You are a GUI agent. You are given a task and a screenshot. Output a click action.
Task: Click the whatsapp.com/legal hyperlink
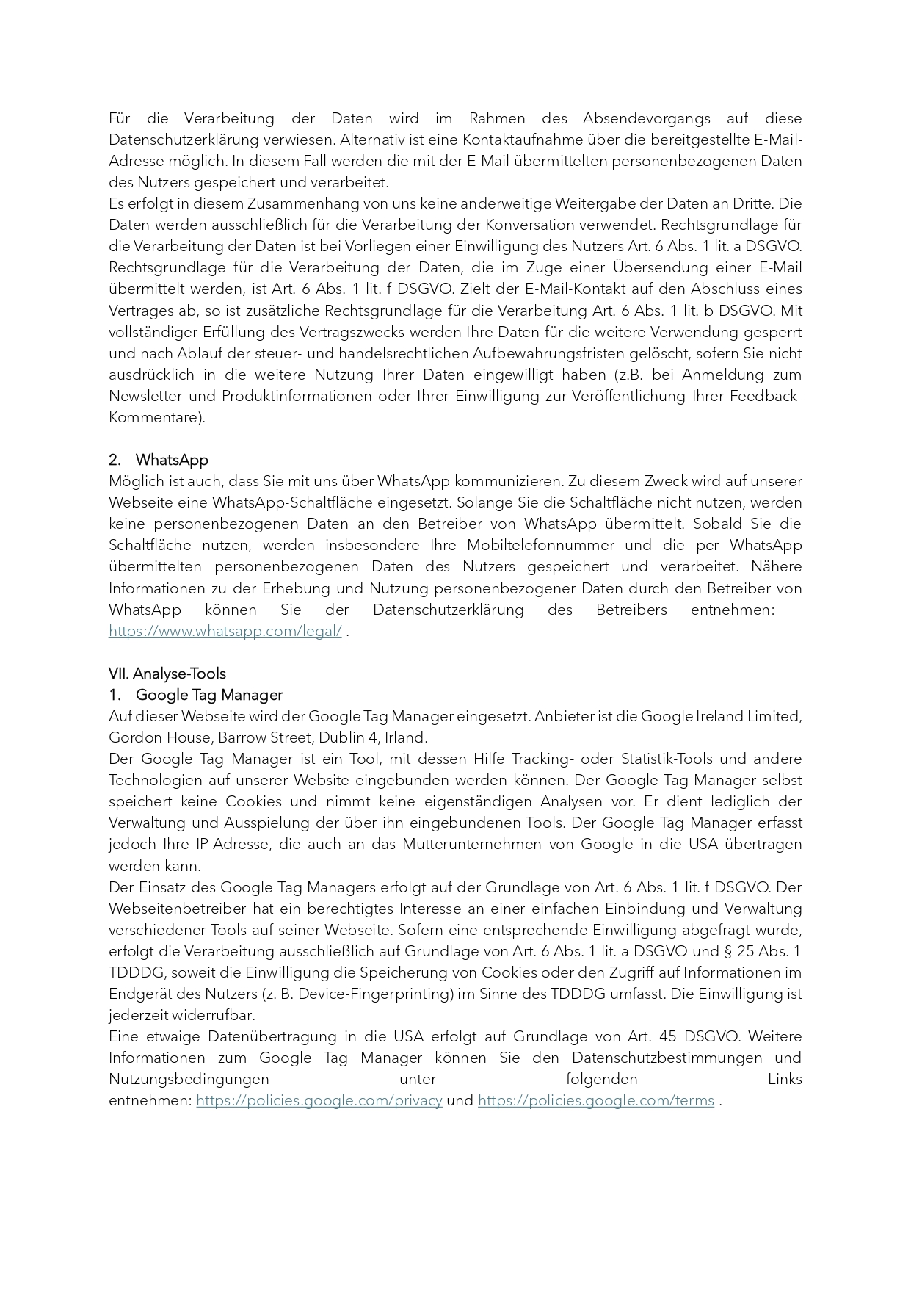[x=225, y=631]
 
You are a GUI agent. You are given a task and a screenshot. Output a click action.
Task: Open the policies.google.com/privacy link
[x=319, y=1100]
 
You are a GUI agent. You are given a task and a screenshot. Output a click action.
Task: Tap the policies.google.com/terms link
[x=595, y=1100]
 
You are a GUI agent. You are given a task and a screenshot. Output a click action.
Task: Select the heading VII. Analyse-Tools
[x=167, y=674]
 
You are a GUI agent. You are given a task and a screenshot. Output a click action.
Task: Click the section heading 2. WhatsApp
[x=159, y=460]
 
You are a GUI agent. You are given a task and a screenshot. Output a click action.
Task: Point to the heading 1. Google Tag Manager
[x=196, y=695]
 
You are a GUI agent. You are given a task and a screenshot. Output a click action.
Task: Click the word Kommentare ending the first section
[x=155, y=417]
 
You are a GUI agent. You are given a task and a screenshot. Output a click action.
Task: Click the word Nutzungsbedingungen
[x=189, y=1079]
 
